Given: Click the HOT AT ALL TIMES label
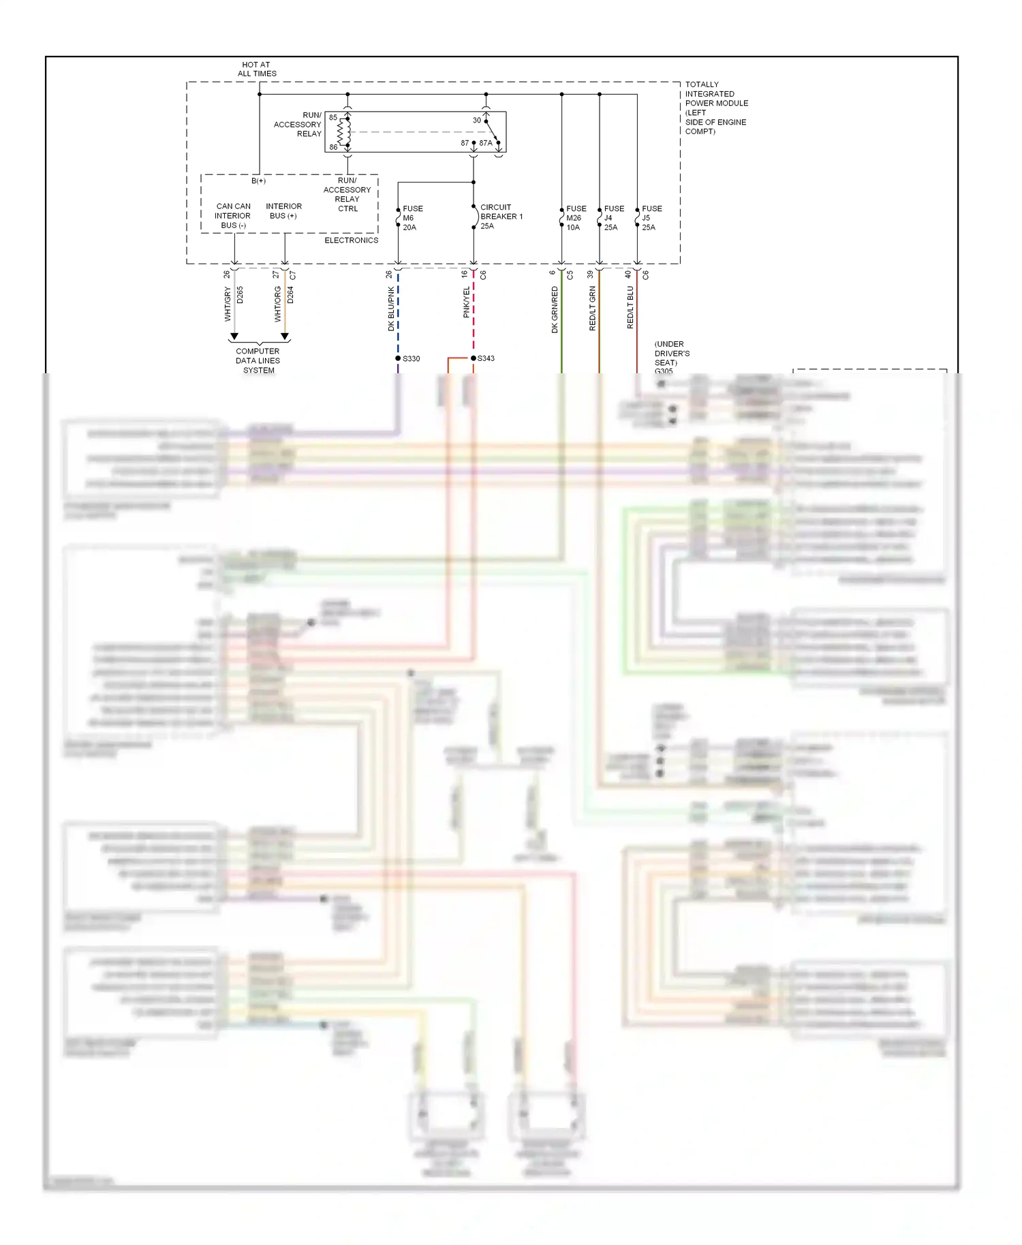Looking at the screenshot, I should [x=257, y=69].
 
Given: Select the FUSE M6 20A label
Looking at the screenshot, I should [x=412, y=218].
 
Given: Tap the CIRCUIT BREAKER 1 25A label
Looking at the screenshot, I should [x=501, y=217].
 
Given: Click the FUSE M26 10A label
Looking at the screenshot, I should [x=576, y=218].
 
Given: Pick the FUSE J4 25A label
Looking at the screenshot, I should [x=613, y=218].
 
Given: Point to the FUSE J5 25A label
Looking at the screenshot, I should [x=651, y=218].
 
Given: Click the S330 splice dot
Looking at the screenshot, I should [x=398, y=358].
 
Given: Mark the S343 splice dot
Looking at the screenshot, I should [x=474, y=358].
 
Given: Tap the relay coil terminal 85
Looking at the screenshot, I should [x=333, y=118].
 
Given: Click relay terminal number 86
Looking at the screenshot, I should [x=333, y=147].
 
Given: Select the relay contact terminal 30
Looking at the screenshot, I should [x=477, y=121].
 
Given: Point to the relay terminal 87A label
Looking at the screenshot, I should [x=486, y=143].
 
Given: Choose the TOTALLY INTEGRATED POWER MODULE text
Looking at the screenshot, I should [x=715, y=108].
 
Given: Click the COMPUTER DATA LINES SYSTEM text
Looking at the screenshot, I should [x=258, y=361].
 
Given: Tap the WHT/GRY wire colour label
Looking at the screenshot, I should [x=228, y=304].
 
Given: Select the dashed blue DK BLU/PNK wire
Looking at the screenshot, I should [x=398, y=313].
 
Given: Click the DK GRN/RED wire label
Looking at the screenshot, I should [x=555, y=309].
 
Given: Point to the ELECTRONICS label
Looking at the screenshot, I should [x=351, y=240].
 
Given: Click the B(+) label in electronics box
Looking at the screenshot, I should [x=258, y=181].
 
